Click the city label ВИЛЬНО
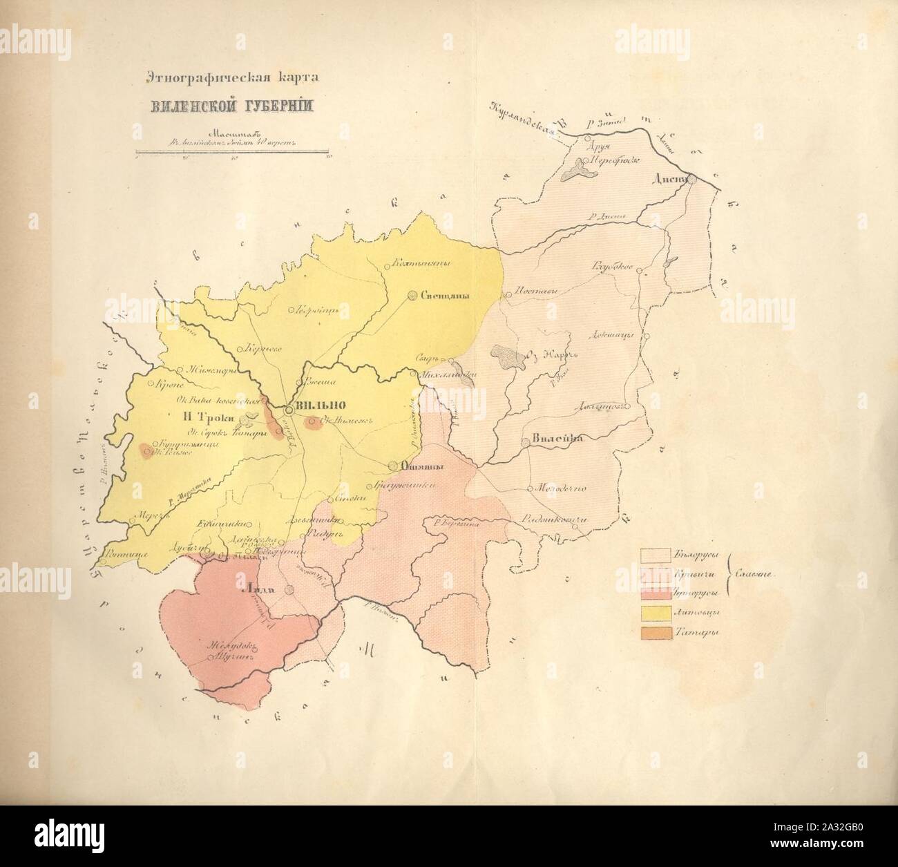[318, 406]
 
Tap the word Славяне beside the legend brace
[757, 573]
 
